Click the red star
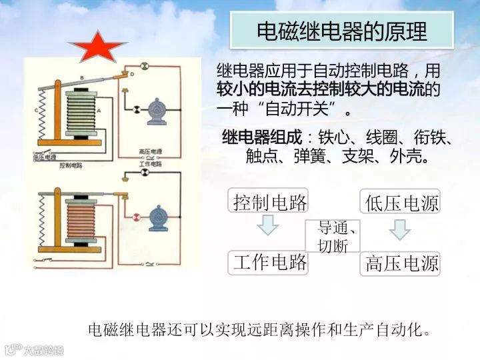coord(97,48)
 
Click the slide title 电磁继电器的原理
coord(342,31)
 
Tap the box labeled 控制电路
coord(269,201)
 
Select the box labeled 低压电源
coord(400,202)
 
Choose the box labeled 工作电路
coord(269,263)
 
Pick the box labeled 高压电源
coord(400,264)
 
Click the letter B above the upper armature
coord(81,78)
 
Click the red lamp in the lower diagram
coord(136,216)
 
